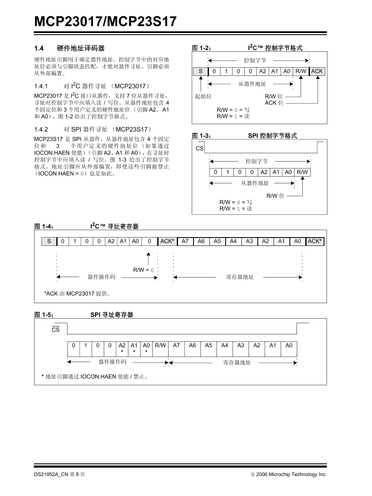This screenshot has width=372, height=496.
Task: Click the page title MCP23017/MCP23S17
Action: (106, 21)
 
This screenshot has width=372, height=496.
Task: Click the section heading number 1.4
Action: (39, 48)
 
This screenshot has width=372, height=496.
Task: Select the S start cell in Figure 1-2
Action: (200, 71)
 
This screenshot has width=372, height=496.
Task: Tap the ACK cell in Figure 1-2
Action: (317, 71)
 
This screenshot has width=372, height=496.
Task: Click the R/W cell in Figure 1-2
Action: (301, 71)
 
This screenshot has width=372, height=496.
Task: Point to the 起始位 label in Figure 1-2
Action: (203, 96)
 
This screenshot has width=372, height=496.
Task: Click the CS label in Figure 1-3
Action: (200, 149)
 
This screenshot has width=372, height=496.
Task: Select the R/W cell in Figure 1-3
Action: (303, 172)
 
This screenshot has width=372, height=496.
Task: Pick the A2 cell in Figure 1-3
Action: (264, 172)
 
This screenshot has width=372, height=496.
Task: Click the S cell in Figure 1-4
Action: (49, 241)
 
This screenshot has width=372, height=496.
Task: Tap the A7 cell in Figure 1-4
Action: (185, 241)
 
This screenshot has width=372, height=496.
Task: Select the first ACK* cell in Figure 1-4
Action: (167, 241)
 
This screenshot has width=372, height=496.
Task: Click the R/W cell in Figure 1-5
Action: (161, 345)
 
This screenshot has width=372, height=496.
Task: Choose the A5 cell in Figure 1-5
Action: (209, 345)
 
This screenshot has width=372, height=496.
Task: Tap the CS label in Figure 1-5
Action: (55, 330)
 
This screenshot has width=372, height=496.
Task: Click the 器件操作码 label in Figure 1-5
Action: (112, 362)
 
